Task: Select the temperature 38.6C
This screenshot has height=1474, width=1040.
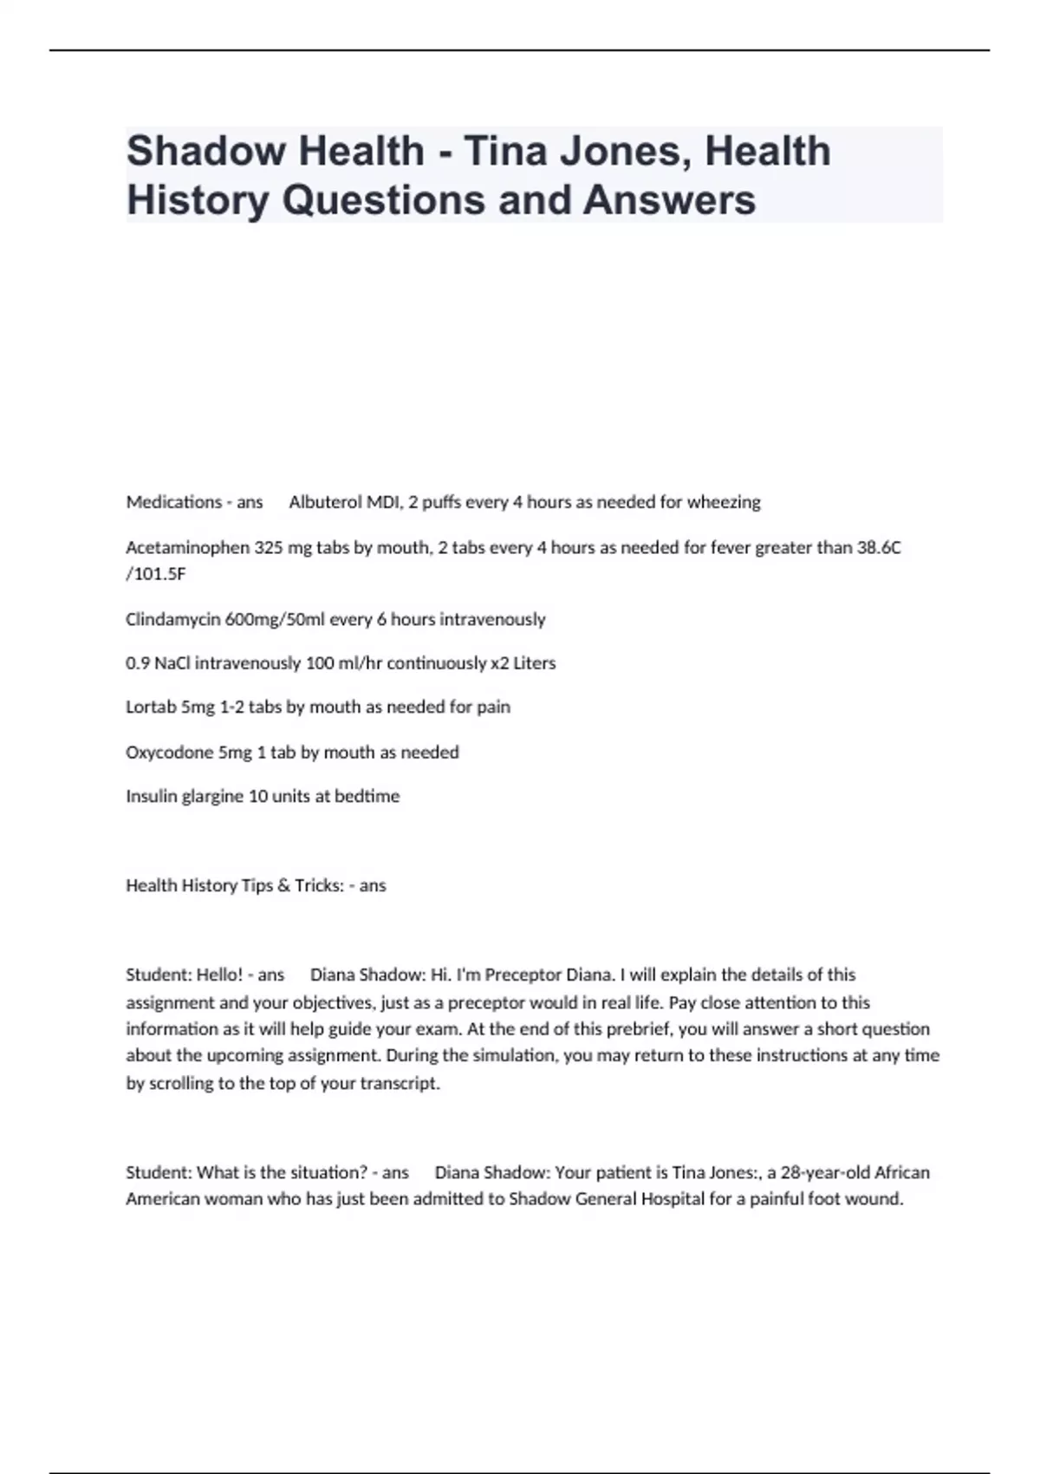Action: tap(879, 548)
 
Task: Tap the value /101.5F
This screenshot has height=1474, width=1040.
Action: tap(156, 574)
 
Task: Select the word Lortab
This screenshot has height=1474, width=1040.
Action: tap(151, 708)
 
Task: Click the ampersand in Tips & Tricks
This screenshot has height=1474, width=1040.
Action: tap(283, 885)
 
